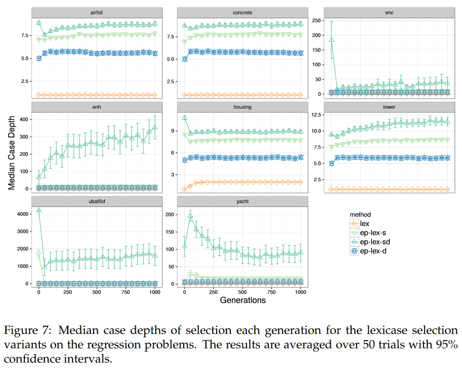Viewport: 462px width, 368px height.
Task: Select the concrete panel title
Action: (242, 12)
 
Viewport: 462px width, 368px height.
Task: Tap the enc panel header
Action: (388, 12)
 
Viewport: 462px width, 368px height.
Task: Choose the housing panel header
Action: (242, 107)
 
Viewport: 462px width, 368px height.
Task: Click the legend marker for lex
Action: (354, 224)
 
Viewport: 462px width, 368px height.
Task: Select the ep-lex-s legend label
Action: (373, 232)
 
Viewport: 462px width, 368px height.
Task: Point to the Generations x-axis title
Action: (242, 300)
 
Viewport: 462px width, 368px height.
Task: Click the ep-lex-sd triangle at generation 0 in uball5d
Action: (39, 210)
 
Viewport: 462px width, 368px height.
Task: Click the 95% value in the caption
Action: (448, 345)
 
